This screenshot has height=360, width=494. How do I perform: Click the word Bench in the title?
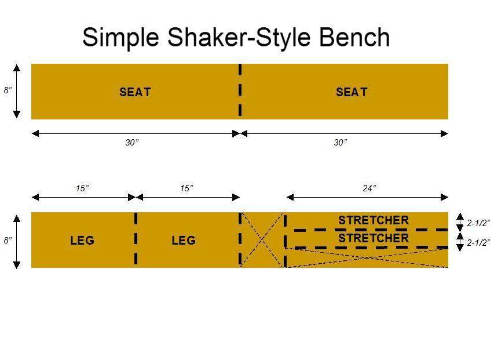coord(354,37)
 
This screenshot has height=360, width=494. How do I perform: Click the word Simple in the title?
coord(119,37)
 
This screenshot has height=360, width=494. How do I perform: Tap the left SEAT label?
coord(135,92)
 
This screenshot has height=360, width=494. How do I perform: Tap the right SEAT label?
coord(352,92)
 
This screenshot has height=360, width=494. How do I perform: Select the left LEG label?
coord(82,240)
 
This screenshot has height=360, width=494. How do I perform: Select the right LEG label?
coord(184,240)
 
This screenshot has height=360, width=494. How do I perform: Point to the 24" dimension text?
coord(369,188)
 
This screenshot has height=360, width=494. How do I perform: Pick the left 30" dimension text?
coord(132,143)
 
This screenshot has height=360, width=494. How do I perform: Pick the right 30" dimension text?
coord(341,143)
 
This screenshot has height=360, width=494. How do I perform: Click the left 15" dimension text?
coord(82,188)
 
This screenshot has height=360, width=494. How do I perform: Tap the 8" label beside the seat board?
coord(8,90)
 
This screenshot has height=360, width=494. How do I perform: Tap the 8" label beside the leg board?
coord(8,239)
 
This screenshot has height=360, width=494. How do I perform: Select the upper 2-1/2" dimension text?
coord(478,222)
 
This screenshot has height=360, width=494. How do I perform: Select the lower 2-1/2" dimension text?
coord(478,242)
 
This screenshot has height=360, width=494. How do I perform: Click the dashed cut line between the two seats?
coord(240,92)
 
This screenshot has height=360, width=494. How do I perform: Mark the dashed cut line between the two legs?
coord(136,239)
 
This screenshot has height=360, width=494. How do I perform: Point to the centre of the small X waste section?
coord(262,239)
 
